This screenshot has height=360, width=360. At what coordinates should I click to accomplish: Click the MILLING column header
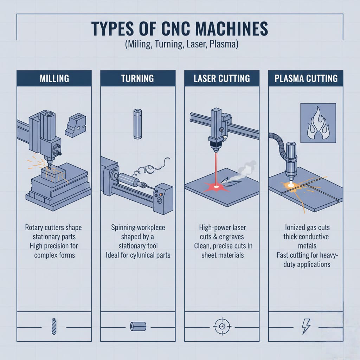coord(54,78)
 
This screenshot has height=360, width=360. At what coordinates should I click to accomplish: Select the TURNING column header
coord(138,78)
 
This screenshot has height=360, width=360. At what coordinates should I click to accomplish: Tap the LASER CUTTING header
coord(222,78)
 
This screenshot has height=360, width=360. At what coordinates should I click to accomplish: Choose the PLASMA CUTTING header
coord(306,78)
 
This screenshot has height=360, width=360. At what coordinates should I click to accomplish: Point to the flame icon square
coord(318,123)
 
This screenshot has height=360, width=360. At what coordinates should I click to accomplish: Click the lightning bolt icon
coord(306,326)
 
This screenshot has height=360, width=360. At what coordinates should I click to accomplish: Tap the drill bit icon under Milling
coord(54,327)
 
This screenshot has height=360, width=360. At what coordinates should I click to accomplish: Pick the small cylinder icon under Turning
coord(138,326)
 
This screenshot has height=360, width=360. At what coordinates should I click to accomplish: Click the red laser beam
coord(216,169)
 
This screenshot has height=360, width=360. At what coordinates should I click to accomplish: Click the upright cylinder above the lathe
coord(137,124)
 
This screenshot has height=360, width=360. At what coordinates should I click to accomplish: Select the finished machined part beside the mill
coord(76,125)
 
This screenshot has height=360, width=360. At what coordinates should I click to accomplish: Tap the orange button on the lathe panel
coord(161,194)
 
